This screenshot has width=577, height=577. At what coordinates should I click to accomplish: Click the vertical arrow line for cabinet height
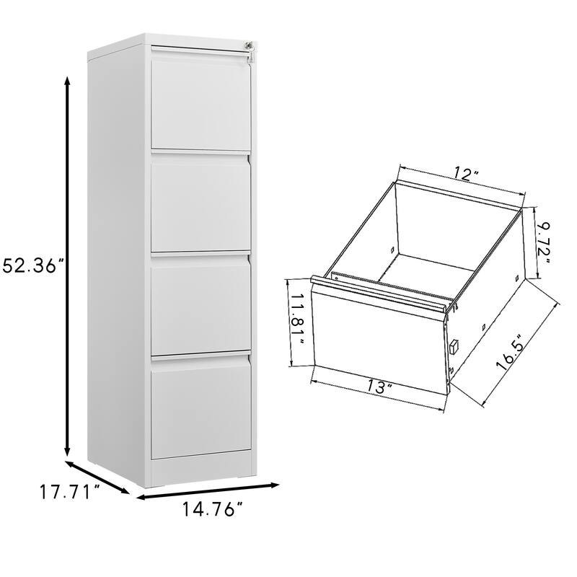click(68, 265)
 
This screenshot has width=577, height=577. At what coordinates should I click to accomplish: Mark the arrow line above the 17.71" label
click(97, 477)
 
